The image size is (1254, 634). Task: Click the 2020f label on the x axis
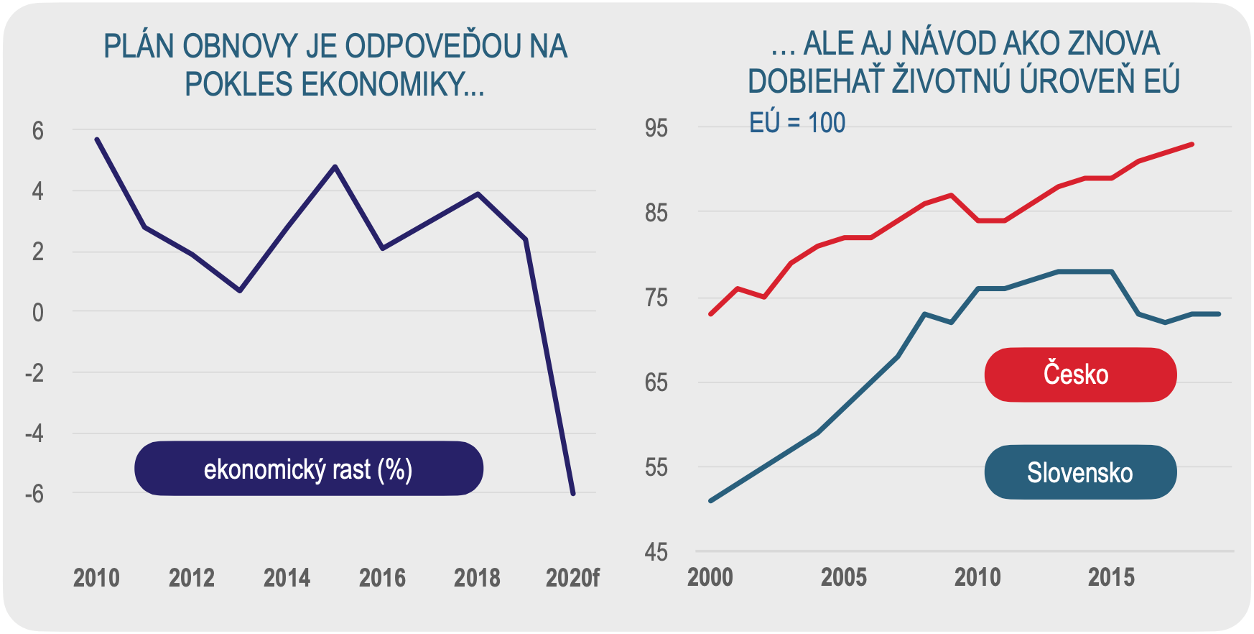pos(572,578)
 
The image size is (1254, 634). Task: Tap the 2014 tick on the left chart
pos(287,578)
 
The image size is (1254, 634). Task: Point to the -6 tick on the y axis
pos(34,494)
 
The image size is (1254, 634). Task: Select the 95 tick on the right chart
pos(656,129)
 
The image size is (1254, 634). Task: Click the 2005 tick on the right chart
pos(843,577)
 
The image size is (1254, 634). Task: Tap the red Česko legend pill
pos(1079,375)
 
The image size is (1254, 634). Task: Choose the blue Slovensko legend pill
pos(1079,472)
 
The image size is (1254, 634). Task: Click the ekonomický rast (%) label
pos(308,469)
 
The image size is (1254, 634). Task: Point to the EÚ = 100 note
pos(796,123)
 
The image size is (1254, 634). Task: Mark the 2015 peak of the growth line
pos(335,167)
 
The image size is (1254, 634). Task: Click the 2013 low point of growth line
pos(240,290)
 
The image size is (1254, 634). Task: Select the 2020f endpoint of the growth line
pos(572,494)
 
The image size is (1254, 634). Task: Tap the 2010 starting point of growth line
pos(97,139)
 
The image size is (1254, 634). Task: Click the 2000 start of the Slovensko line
pos(710,500)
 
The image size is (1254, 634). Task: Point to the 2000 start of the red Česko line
pos(710,314)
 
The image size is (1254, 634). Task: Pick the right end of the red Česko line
pos(1192,144)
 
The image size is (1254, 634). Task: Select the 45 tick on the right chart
pos(656,552)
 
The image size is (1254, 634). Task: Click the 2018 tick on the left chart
pos(477,578)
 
